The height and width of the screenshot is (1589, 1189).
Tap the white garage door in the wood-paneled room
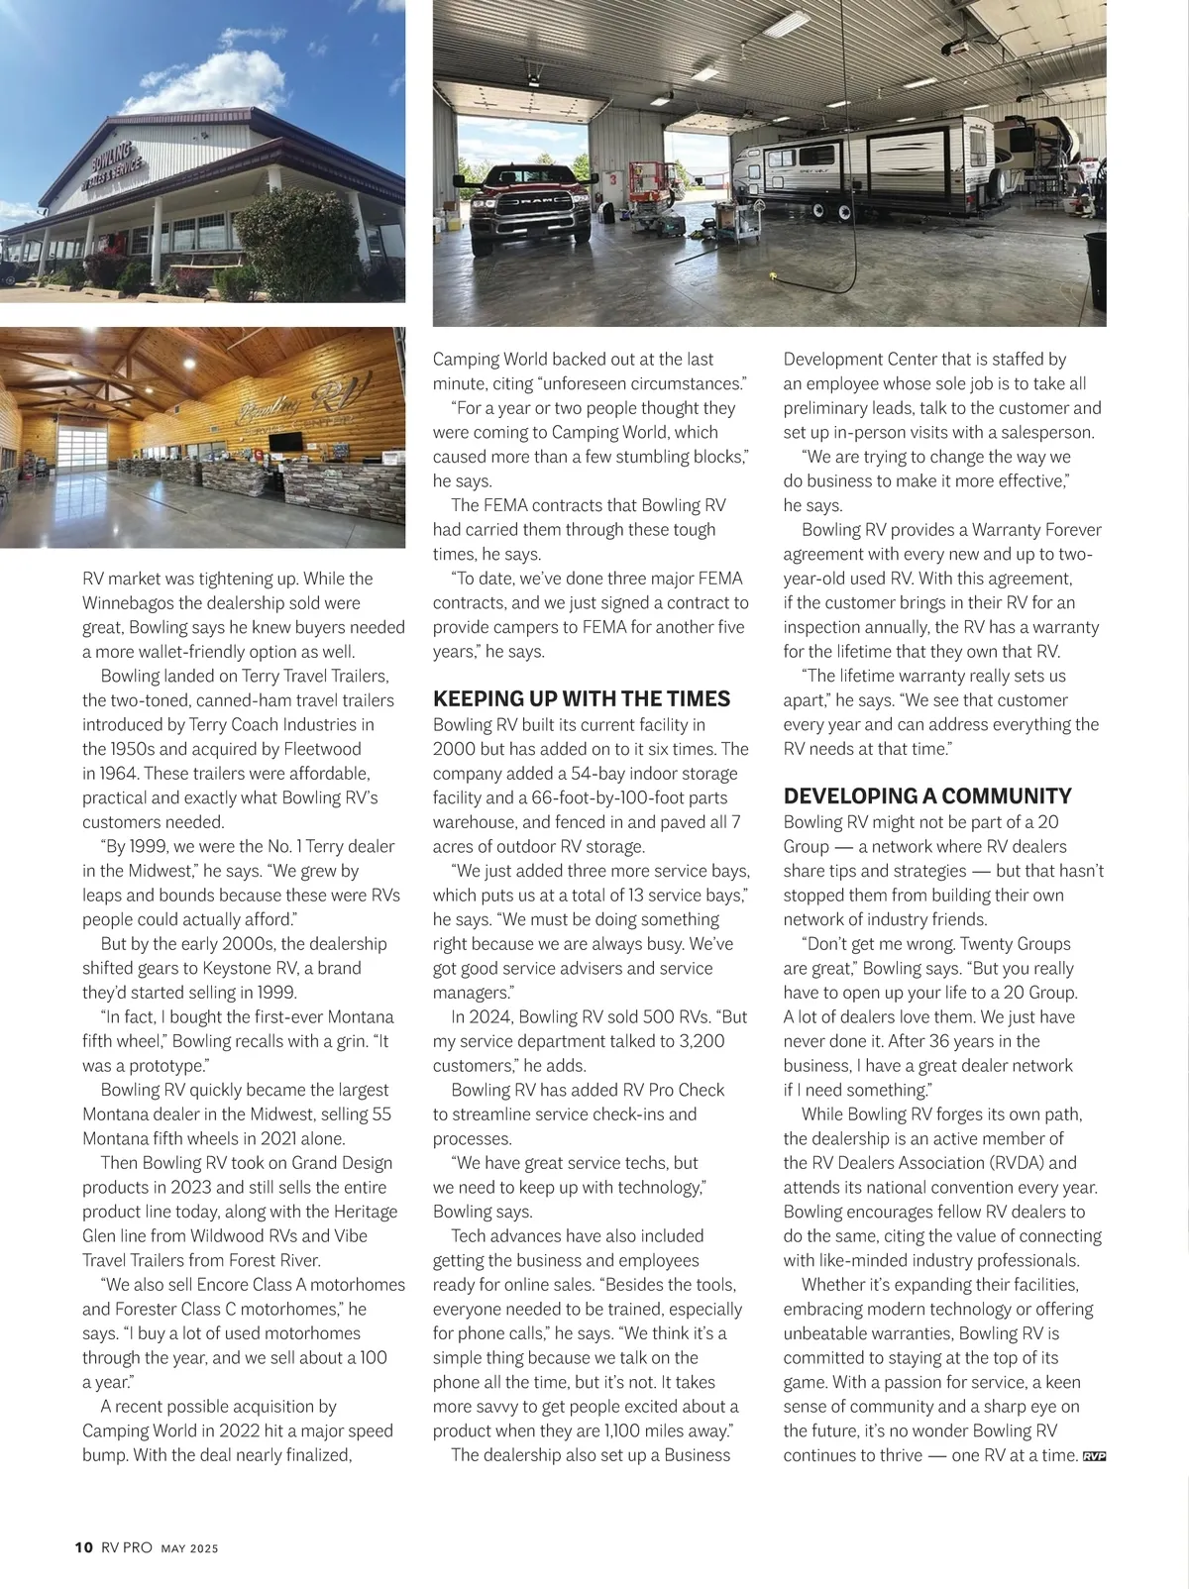pyautogui.click(x=83, y=447)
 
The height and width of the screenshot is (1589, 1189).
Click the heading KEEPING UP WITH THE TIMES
pyautogui.click(x=582, y=698)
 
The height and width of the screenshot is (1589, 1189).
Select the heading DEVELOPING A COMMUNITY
pyautogui.click(x=927, y=796)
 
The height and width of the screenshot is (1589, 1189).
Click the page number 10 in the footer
pyautogui.click(x=83, y=1547)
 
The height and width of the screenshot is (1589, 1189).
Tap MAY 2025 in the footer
pyautogui.click(x=189, y=1548)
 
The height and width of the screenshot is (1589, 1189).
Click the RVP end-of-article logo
pyautogui.click(x=1094, y=1456)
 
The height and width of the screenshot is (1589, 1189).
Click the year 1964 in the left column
pyautogui.click(x=119, y=774)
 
